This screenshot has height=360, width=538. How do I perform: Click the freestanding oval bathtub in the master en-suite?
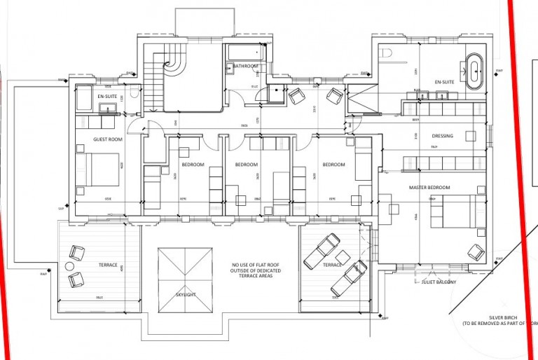click(x=476, y=69)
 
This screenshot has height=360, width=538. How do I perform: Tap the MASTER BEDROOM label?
click(x=429, y=188)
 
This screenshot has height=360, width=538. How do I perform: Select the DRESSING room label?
click(x=442, y=136)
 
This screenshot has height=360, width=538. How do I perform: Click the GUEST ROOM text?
click(x=108, y=139)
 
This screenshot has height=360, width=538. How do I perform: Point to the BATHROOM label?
click(x=245, y=66)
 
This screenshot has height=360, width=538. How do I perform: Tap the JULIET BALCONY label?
click(x=439, y=282)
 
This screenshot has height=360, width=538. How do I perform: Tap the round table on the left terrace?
click(x=69, y=266)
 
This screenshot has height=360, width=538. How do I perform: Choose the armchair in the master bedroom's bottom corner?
click(x=476, y=251)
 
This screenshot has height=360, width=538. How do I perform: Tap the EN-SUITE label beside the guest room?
click(x=107, y=96)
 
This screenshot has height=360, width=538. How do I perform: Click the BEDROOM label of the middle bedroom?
click(x=246, y=165)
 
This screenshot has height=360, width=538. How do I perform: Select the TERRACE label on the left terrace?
click(x=108, y=265)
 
